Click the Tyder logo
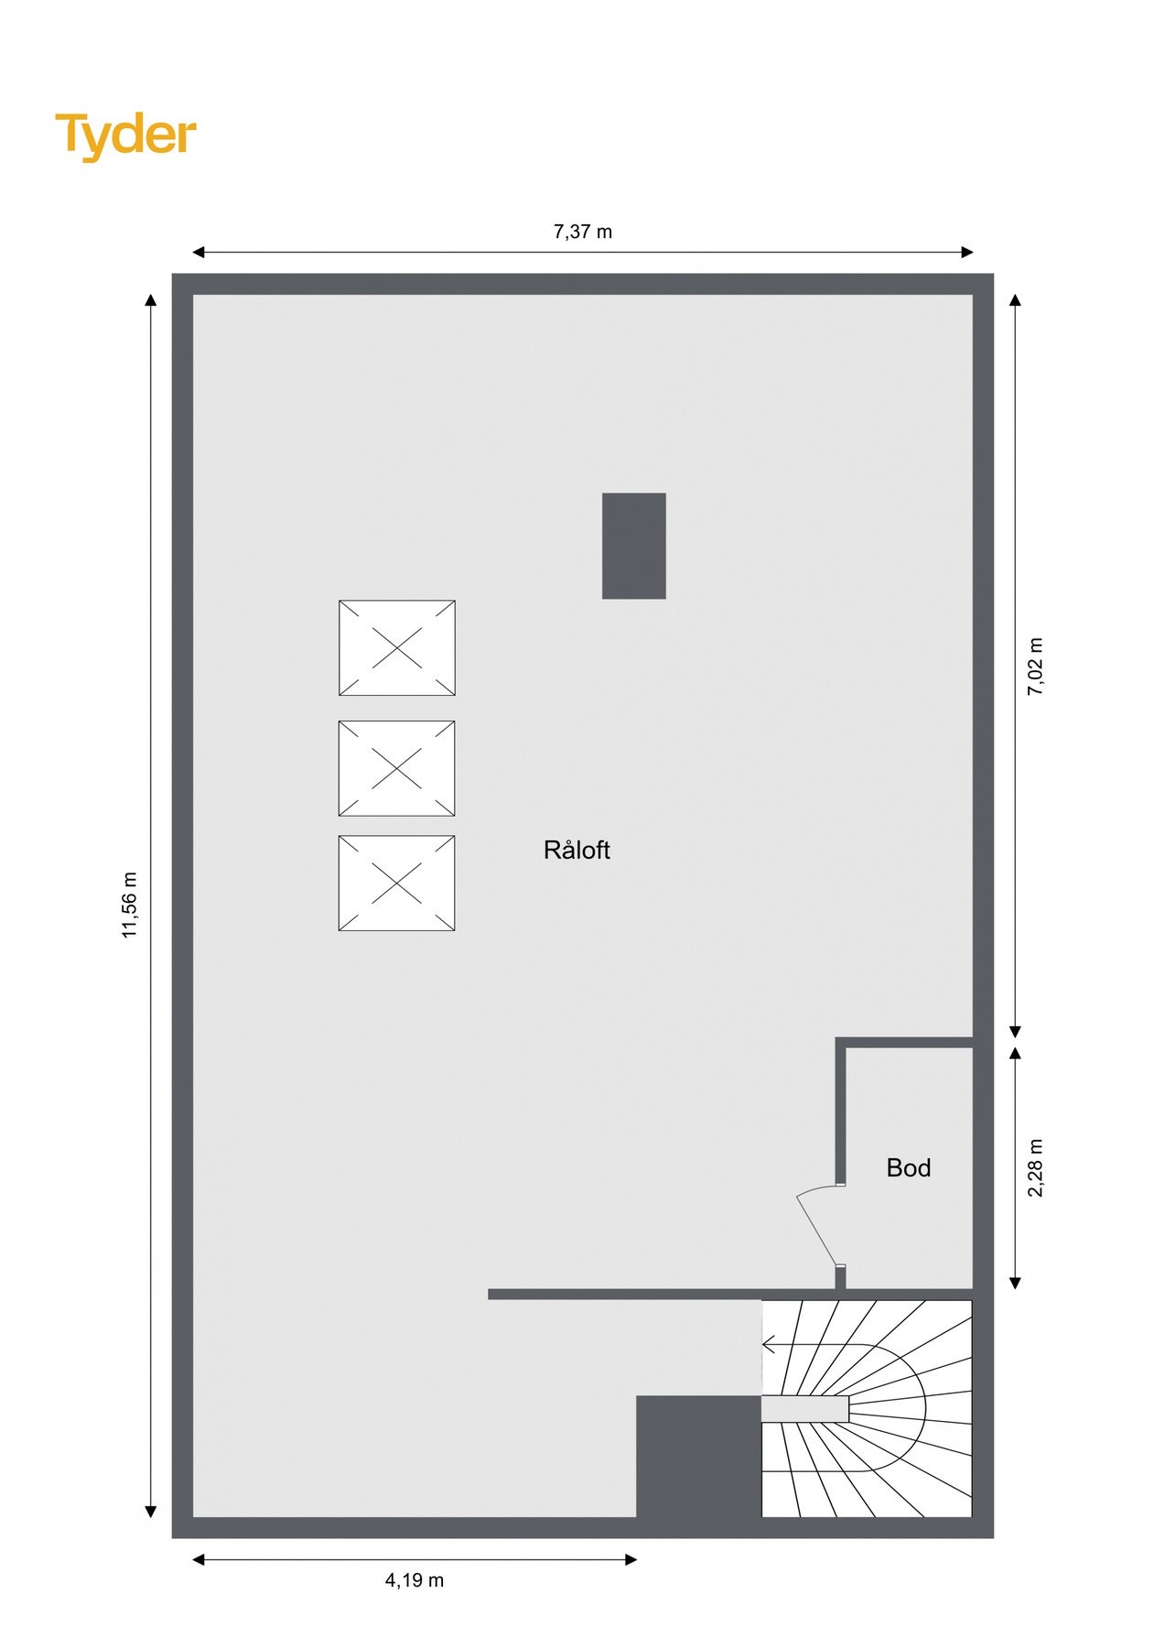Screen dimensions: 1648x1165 click(125, 136)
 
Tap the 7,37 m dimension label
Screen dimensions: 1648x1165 click(582, 232)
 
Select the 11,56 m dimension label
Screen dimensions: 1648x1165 click(130, 905)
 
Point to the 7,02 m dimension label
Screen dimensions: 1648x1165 click(1035, 667)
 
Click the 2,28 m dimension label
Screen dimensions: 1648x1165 click(1035, 1167)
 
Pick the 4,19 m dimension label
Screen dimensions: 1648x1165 click(414, 1579)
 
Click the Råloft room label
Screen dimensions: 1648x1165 click(577, 850)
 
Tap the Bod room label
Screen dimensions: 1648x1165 click(909, 1167)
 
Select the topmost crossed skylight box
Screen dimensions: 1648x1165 click(397, 647)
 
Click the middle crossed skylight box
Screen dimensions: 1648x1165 click(397, 768)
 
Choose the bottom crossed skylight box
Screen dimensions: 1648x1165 click(397, 883)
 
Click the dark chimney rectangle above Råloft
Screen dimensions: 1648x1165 click(633, 546)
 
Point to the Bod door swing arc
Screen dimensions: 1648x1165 click(816, 1222)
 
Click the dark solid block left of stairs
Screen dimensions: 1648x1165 click(698, 1456)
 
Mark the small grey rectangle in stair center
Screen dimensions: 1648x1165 click(805, 1408)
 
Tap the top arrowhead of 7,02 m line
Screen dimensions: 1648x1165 click(1015, 300)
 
